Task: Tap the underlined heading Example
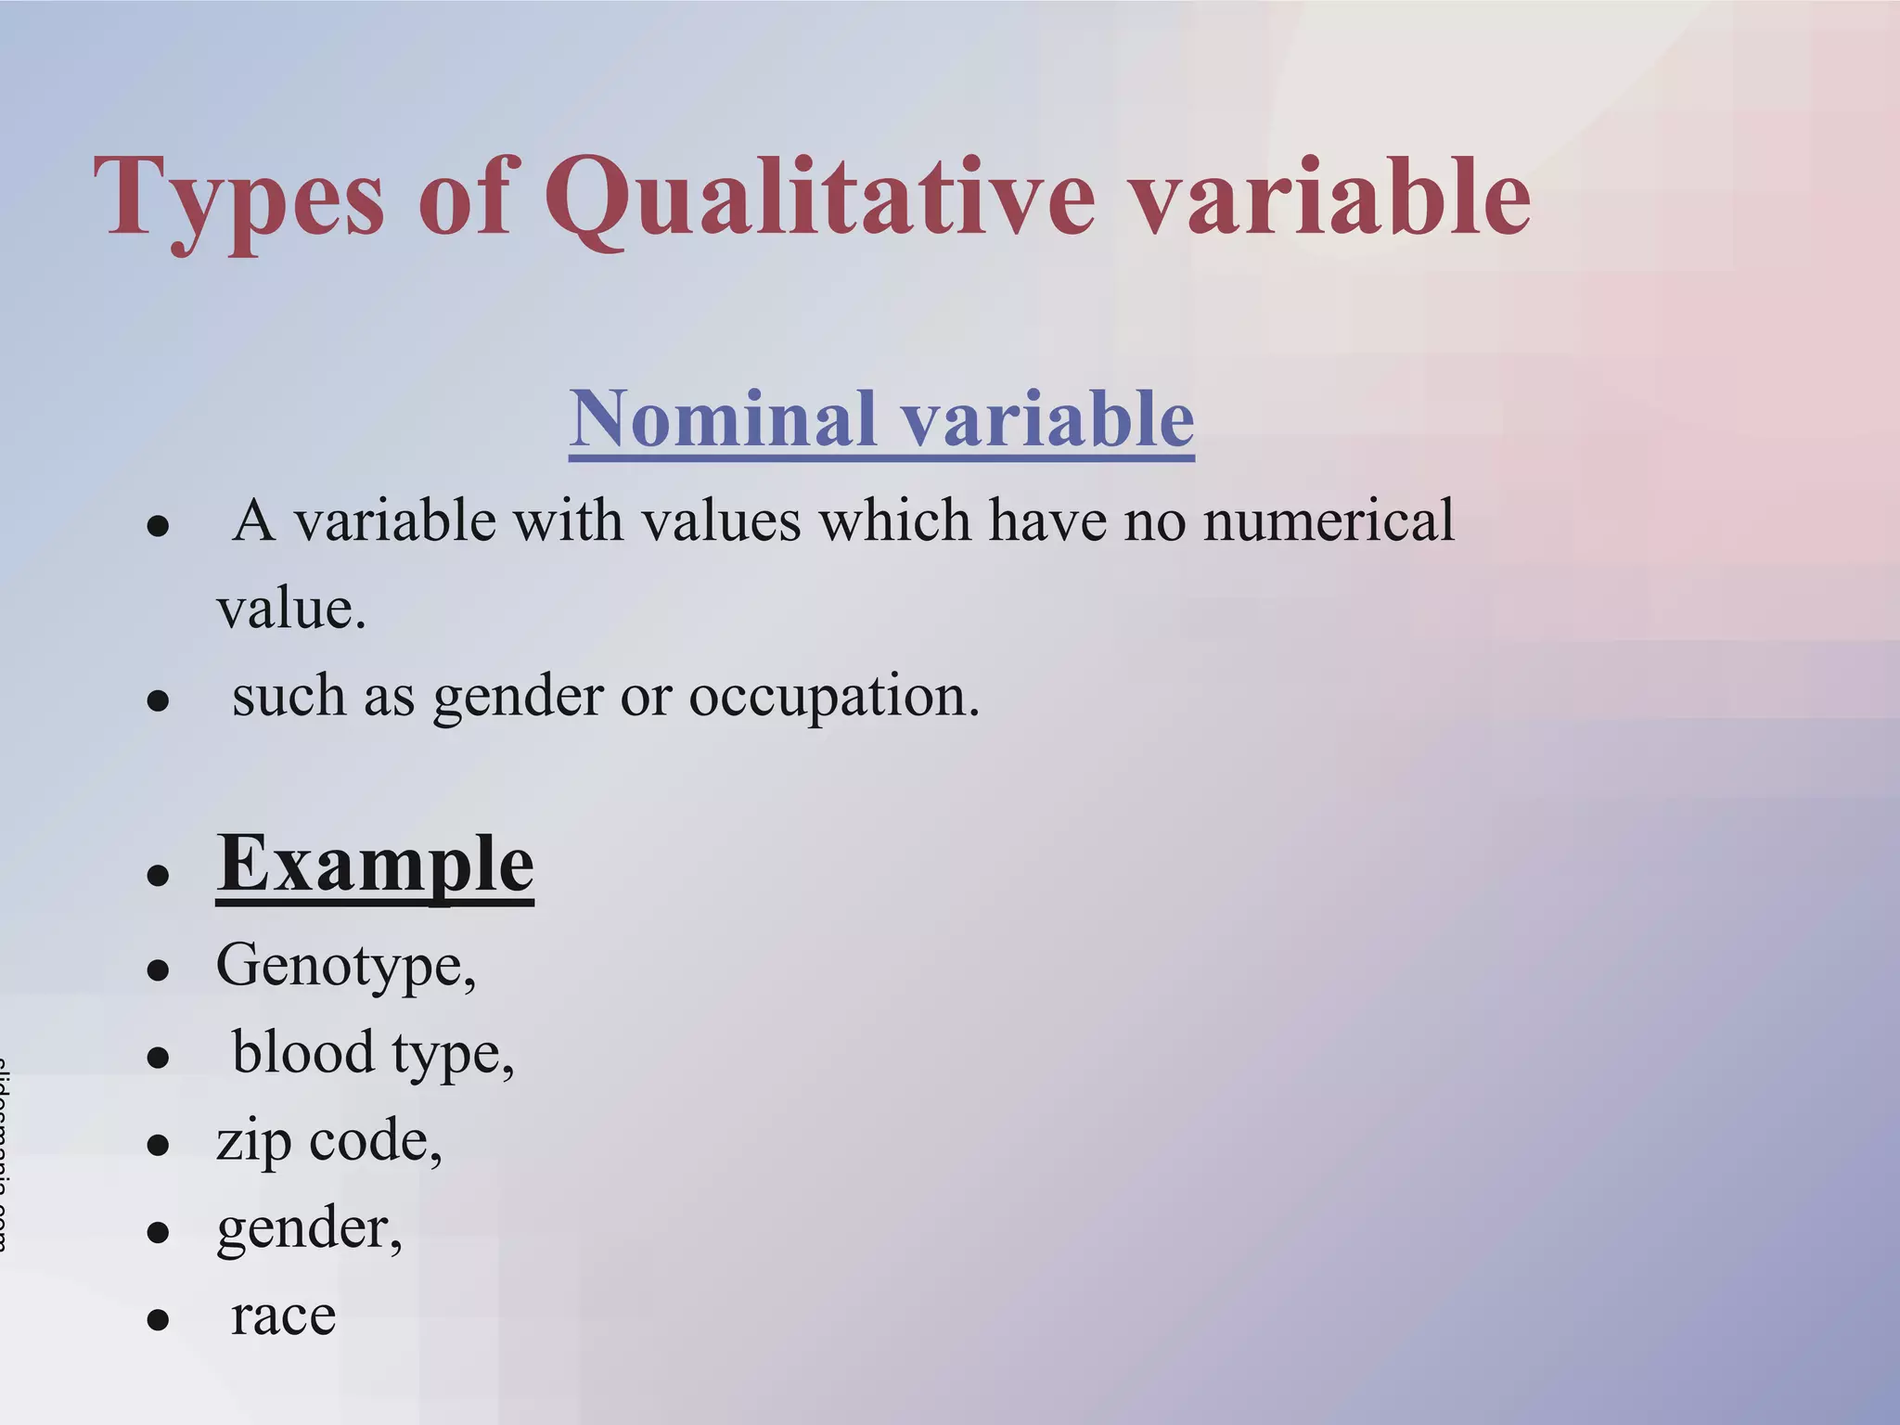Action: point(375,864)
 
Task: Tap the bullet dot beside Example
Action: point(159,875)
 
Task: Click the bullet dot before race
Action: point(159,1319)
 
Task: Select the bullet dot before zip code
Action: point(159,1145)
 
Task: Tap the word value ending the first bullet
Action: point(289,610)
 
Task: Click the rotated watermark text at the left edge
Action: point(5,1155)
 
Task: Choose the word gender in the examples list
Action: point(302,1229)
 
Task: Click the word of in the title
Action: point(463,197)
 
